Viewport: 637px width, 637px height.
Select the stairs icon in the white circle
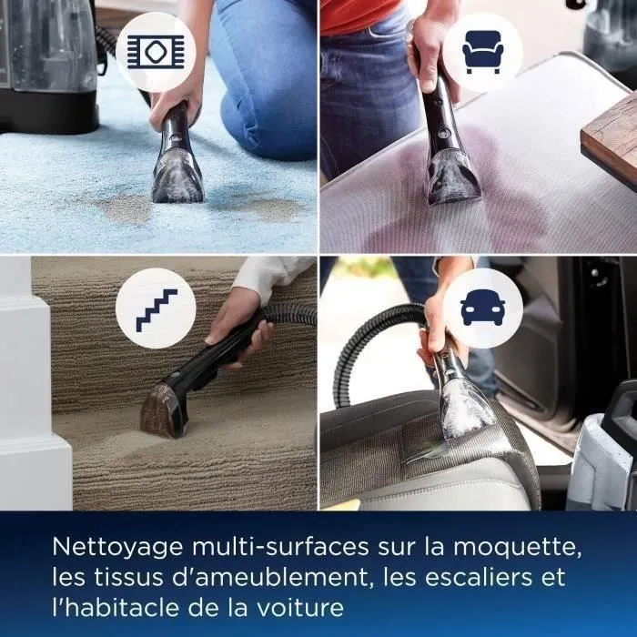point(157,308)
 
